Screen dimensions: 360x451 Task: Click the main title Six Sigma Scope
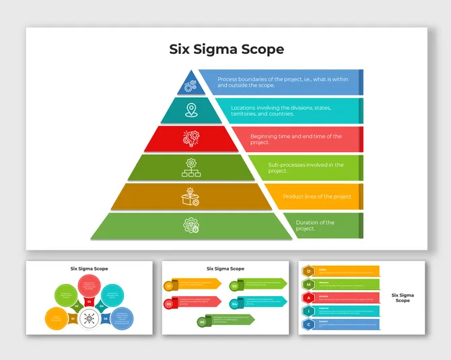(226, 49)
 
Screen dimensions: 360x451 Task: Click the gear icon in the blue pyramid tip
(190, 85)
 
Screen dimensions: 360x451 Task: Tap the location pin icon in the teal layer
(191, 110)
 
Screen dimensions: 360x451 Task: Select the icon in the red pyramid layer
(191, 138)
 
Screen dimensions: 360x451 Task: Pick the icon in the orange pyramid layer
(191, 196)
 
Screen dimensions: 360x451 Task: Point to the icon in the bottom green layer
(192, 225)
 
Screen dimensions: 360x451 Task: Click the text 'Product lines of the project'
(317, 196)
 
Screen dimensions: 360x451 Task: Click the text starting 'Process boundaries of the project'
(283, 82)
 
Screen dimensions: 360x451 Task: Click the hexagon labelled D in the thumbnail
(309, 271)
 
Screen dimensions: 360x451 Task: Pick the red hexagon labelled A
(309, 297)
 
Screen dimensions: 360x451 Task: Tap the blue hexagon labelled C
(309, 324)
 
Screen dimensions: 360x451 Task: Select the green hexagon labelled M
(309, 284)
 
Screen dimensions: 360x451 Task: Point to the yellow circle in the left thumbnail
(56, 318)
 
